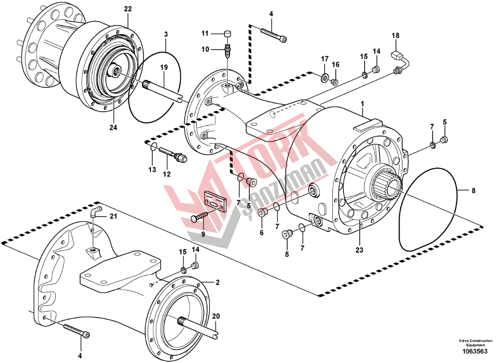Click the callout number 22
point(128,9)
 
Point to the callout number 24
point(113,128)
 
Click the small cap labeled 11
point(228,33)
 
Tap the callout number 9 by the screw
point(203,234)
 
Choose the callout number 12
point(167,174)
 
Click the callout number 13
point(152,170)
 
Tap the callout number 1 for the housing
point(362,104)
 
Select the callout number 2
point(217,283)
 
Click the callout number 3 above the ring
point(166,34)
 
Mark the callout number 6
point(261,233)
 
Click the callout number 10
point(205,50)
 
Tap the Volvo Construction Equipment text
point(479,343)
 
